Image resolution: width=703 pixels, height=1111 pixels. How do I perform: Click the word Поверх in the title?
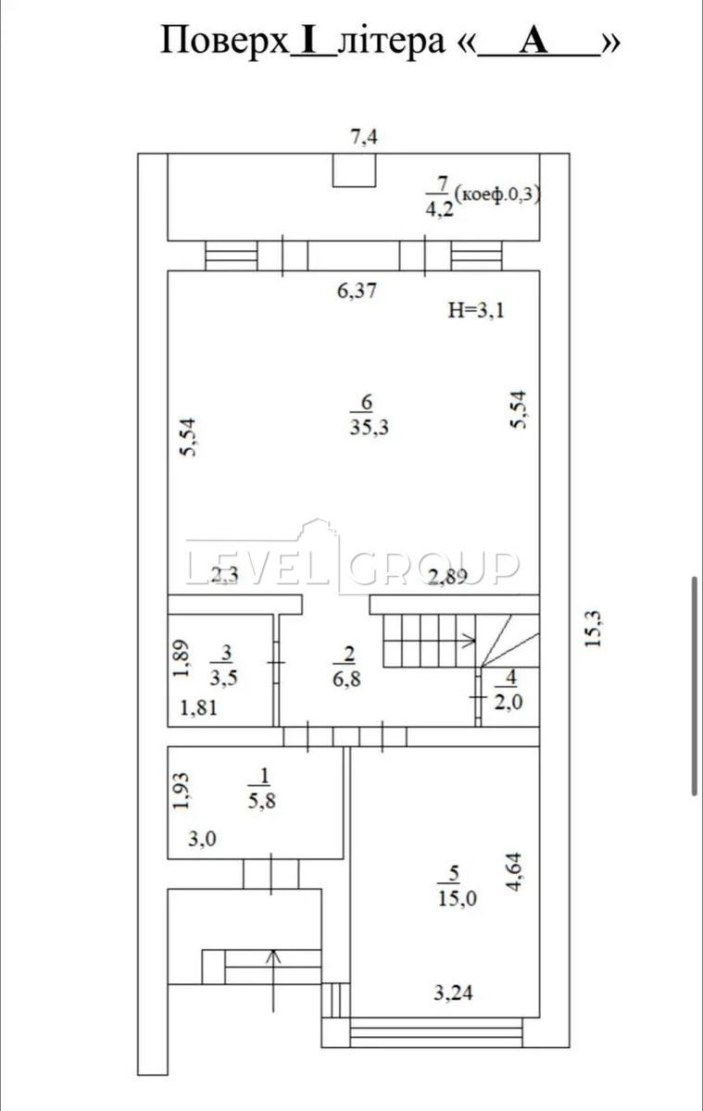click(x=225, y=42)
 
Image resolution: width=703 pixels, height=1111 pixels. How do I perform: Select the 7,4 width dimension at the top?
click(x=364, y=137)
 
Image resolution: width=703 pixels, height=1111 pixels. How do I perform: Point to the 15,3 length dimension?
click(x=593, y=629)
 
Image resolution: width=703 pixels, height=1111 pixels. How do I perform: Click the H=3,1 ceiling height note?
click(x=476, y=310)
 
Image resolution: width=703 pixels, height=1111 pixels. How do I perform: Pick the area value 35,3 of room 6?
click(x=370, y=427)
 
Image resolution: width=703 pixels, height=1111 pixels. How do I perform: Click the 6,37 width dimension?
click(x=358, y=291)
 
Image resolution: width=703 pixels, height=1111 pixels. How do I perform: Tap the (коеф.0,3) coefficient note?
click(x=497, y=194)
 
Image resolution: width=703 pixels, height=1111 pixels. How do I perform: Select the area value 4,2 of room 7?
click(x=440, y=209)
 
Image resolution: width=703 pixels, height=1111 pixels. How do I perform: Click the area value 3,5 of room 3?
click(x=223, y=679)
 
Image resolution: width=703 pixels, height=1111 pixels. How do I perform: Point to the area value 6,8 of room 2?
click(x=346, y=679)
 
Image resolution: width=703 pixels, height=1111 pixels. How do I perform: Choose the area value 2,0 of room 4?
click(x=509, y=702)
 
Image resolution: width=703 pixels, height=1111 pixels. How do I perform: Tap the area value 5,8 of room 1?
click(x=262, y=801)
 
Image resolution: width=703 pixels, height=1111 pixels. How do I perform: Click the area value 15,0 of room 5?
click(x=457, y=898)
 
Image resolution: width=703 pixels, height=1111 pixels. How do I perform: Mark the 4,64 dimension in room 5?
click(x=516, y=872)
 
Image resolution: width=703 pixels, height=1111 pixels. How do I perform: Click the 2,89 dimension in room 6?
click(x=447, y=576)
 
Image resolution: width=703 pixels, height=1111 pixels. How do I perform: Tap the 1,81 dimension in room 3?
click(x=198, y=707)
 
